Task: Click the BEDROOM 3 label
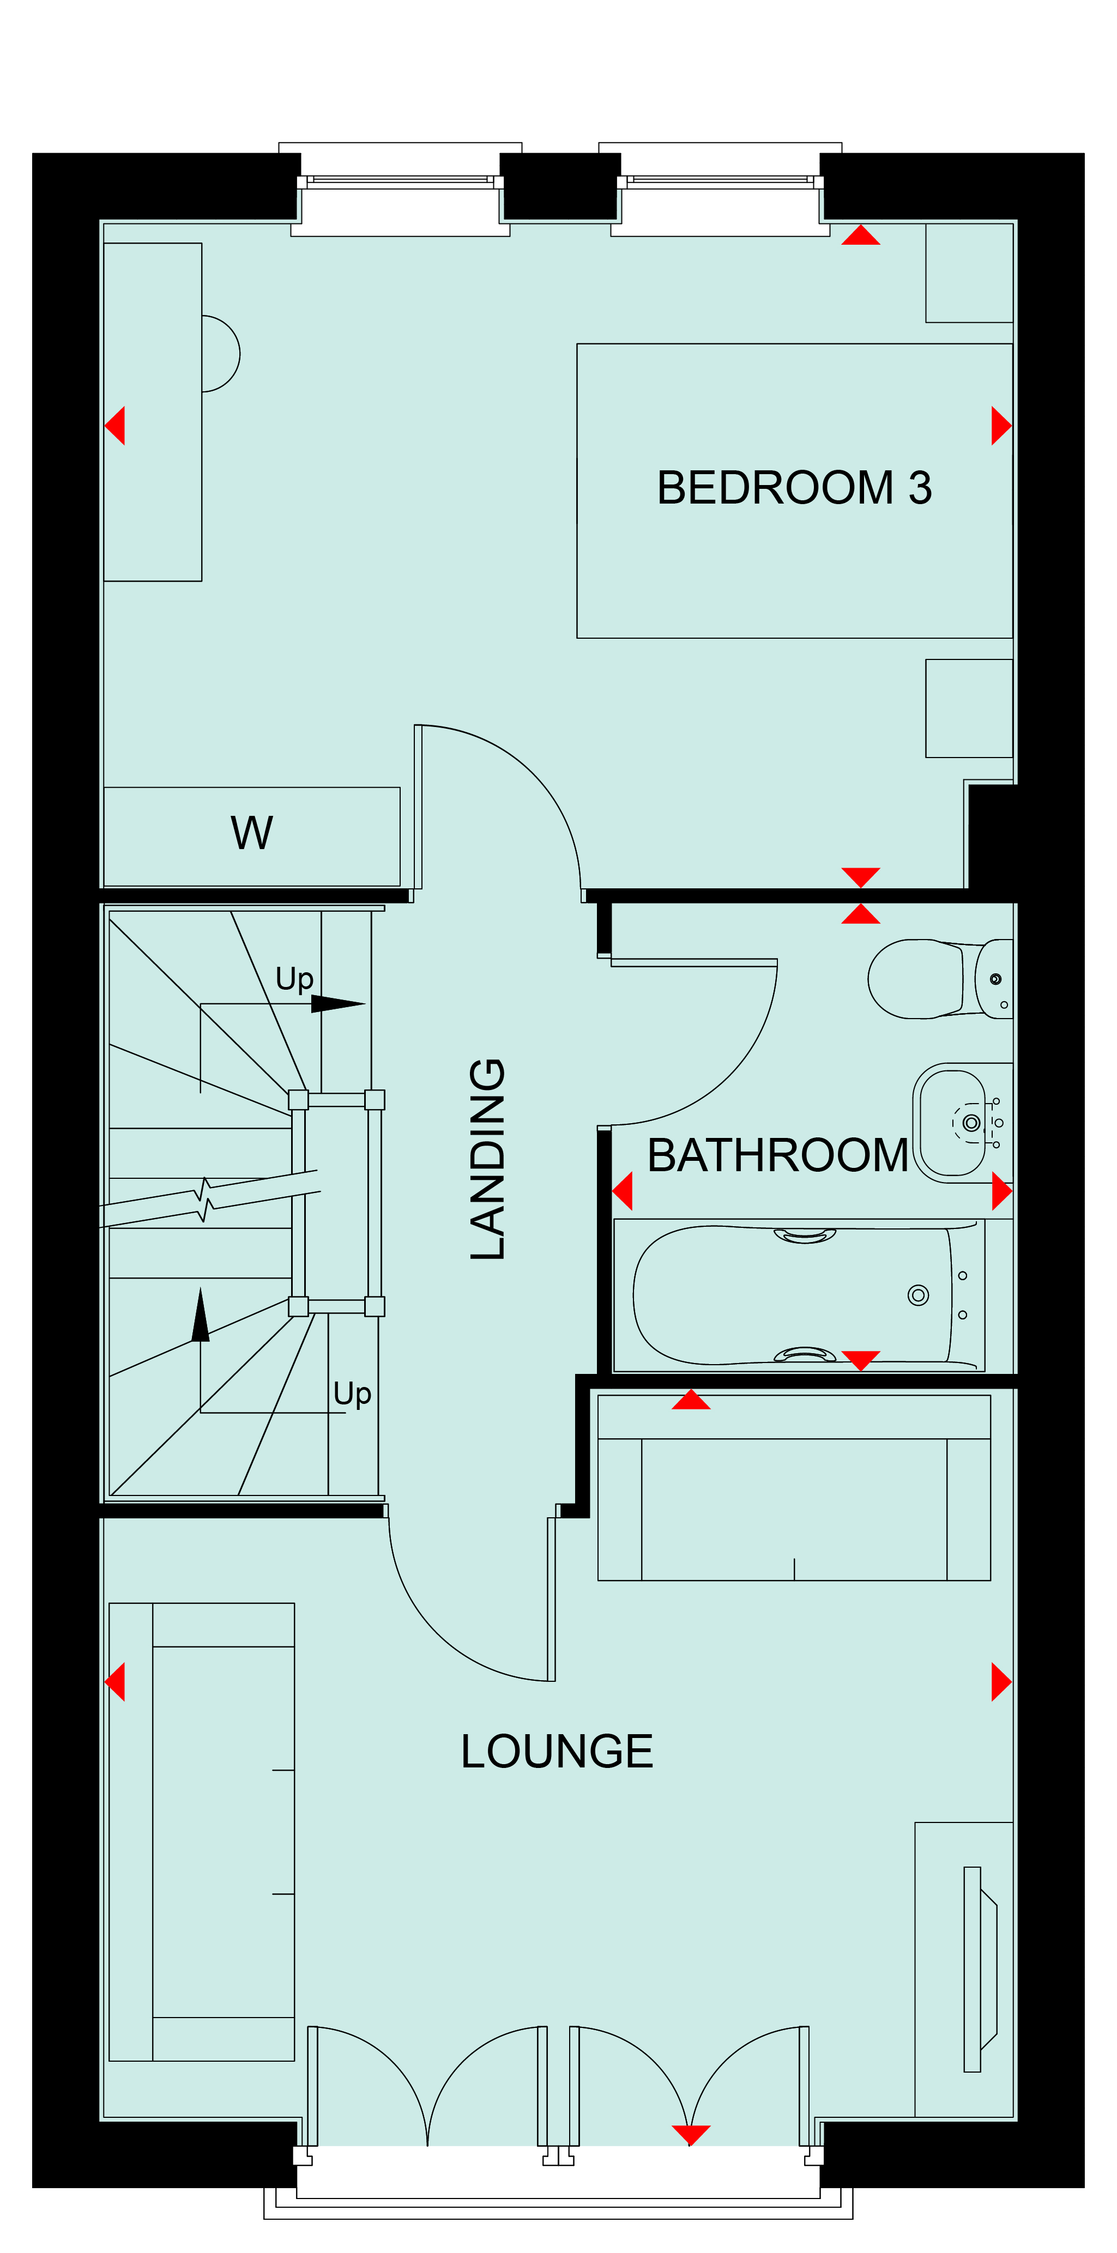pyautogui.click(x=794, y=488)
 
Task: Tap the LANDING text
pyautogui.click(x=488, y=1159)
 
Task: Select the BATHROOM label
pyautogui.click(x=777, y=1155)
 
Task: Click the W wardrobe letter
pyautogui.click(x=252, y=833)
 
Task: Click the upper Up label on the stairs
pyautogui.click(x=294, y=979)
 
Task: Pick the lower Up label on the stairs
pyautogui.click(x=353, y=1394)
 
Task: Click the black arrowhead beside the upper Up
pyautogui.click(x=337, y=1004)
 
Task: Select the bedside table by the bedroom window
pyautogui.click(x=969, y=273)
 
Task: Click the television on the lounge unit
pyautogui.click(x=980, y=1970)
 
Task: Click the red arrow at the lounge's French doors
pyautogui.click(x=691, y=2135)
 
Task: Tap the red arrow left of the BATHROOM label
pyautogui.click(x=622, y=1191)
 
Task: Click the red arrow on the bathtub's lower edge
pyautogui.click(x=861, y=1360)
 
